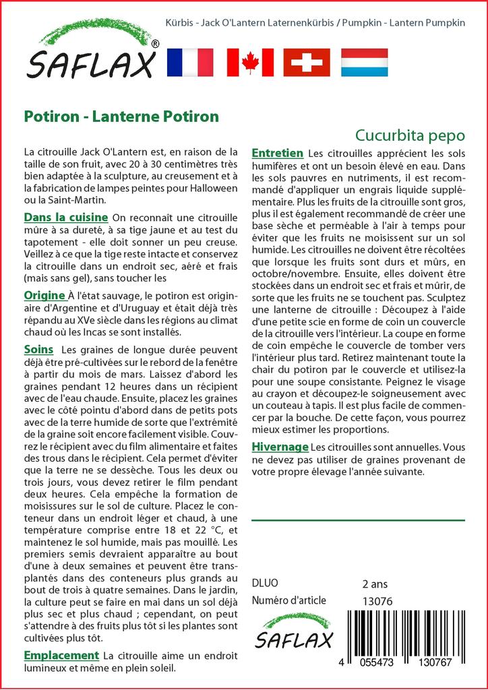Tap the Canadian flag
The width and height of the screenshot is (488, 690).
[x=250, y=62]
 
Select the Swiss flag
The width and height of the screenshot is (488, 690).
[x=307, y=62]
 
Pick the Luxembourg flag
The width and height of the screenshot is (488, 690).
[x=364, y=62]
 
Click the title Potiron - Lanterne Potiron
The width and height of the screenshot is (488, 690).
[x=121, y=116]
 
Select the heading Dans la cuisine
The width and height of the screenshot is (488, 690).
[x=66, y=217]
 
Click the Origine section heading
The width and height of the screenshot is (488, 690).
[x=44, y=295]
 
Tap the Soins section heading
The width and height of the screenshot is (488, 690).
[x=38, y=349]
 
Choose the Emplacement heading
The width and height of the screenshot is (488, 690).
[x=61, y=655]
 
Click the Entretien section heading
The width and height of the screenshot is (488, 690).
[x=277, y=154]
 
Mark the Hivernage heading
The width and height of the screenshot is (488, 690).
[x=280, y=447]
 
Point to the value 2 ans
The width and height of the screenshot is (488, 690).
[x=375, y=584]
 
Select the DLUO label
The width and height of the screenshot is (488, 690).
[x=264, y=584]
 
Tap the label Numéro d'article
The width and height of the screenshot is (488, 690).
[x=288, y=600]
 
